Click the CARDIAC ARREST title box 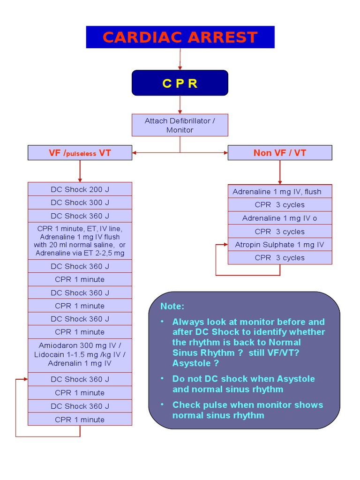pos(180,37)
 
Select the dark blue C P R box pos(180,83)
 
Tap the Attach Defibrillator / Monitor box pos(180,125)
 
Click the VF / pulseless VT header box pos(80,153)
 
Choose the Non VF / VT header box pos(280,153)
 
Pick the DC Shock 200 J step pos(80,189)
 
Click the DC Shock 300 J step pos(80,202)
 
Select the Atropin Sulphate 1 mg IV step pos(280,245)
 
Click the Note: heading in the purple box pos(172,306)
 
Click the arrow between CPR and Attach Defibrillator pos(180,105)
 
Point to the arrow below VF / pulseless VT pos(80,171)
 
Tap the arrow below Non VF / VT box pos(280,172)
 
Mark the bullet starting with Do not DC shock pos(243,384)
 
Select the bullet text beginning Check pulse pos(247,410)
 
